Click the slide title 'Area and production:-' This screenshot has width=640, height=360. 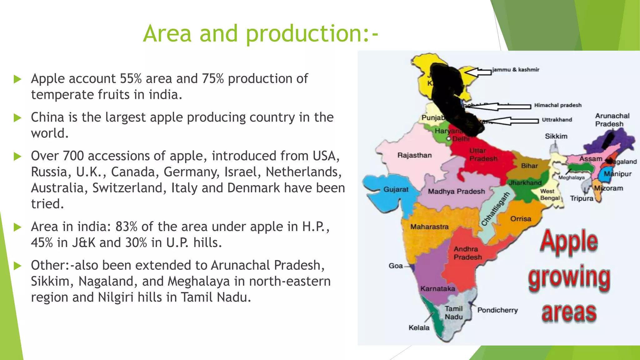click(261, 33)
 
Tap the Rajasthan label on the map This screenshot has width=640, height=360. click(414, 155)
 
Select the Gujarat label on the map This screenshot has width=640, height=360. click(396, 189)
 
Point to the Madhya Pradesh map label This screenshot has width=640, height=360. click(456, 192)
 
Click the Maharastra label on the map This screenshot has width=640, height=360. click(429, 227)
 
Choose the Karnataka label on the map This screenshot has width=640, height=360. click(437, 289)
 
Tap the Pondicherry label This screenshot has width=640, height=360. click(497, 310)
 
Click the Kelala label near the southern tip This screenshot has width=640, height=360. click(419, 328)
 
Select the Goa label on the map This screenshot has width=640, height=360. click(396, 266)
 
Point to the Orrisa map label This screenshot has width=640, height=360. click(521, 219)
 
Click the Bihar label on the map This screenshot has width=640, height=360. click(529, 166)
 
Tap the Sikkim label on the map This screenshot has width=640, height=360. click(556, 136)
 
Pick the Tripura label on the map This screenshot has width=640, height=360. click(581, 198)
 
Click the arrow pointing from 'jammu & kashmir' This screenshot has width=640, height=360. click(477, 72)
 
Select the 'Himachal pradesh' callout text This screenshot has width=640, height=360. click(558, 105)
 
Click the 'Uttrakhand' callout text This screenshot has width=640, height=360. click(557, 120)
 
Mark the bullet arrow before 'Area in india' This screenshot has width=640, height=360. click(17, 227)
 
